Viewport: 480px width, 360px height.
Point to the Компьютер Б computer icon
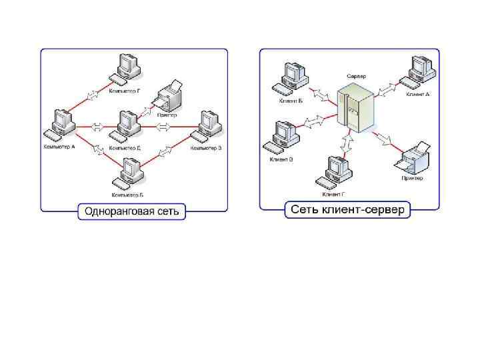(127, 174)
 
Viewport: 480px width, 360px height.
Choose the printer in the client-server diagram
(412, 159)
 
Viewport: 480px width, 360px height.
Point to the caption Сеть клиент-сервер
(348, 210)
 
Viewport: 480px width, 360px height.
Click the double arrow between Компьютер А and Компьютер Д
(97, 126)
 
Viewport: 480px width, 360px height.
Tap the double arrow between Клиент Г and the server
(346, 141)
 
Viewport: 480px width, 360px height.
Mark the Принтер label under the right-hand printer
(411, 178)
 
